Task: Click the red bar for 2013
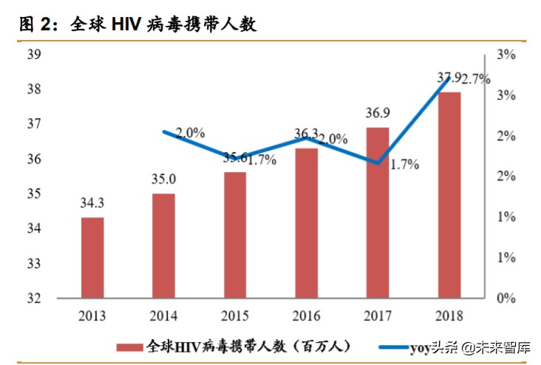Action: click(92, 258)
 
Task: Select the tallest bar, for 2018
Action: click(449, 195)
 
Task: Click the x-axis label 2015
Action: click(235, 316)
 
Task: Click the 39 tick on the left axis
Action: click(33, 55)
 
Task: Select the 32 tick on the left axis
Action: click(33, 299)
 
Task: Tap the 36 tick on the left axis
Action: click(33, 160)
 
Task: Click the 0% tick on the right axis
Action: click(506, 299)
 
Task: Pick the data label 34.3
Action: click(92, 202)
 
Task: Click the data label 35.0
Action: click(163, 178)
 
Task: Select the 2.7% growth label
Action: click(476, 79)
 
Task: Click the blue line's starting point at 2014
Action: click(163, 132)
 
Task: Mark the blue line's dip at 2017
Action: click(378, 163)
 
